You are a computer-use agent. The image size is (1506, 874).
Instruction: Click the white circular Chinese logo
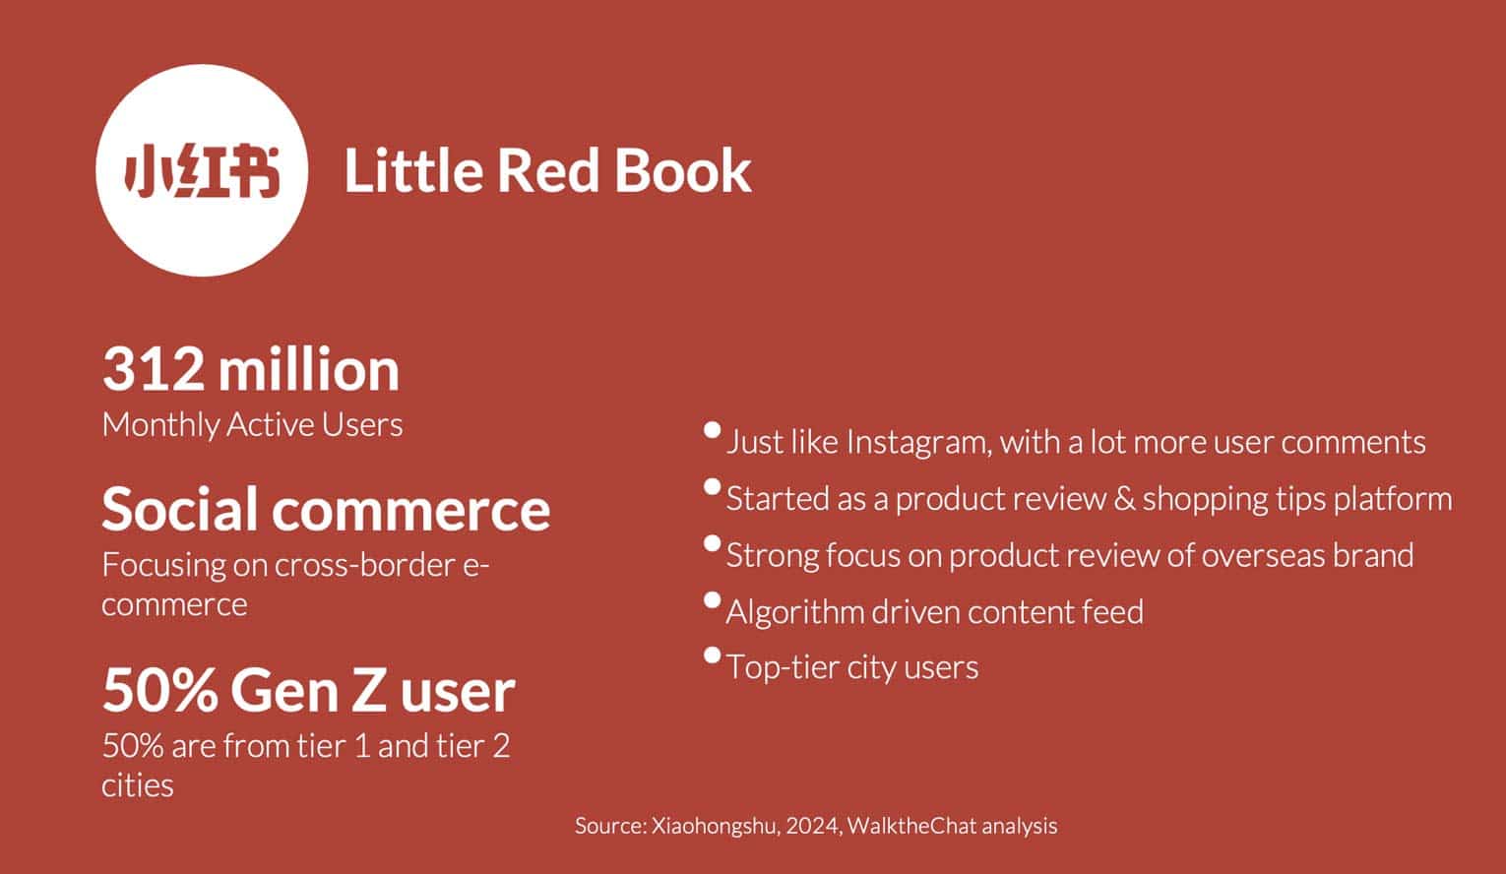coord(202,170)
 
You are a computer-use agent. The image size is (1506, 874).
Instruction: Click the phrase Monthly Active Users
coord(253,425)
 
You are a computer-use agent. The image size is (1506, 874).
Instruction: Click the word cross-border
coord(366,565)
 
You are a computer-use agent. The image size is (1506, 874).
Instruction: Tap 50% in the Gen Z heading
coord(160,691)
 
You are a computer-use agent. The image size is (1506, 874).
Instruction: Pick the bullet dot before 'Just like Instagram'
coord(712,430)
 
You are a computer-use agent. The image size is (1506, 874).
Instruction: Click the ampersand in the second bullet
coord(1124,499)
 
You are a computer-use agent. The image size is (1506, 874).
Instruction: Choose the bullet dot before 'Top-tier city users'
coord(712,655)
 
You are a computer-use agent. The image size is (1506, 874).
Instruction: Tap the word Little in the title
coord(414,171)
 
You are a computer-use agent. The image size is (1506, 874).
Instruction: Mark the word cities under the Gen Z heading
coord(138,785)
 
